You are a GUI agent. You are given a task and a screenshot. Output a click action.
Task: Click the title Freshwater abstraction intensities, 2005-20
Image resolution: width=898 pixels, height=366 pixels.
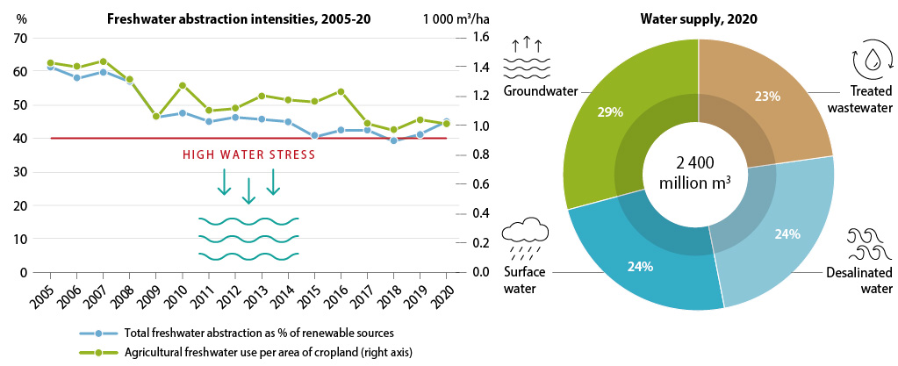233,19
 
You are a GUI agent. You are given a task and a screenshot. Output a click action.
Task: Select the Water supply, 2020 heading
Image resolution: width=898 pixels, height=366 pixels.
698,19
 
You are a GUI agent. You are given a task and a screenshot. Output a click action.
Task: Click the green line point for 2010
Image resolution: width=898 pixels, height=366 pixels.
183,85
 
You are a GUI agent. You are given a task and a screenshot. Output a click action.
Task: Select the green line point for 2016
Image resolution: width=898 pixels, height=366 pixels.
341,91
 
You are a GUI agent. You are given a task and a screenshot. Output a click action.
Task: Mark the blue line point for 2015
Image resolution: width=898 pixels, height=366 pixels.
314,136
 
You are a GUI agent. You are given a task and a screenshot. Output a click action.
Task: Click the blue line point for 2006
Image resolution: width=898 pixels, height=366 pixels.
77,77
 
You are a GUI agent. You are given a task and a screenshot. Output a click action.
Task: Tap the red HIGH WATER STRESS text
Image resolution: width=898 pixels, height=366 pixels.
248,155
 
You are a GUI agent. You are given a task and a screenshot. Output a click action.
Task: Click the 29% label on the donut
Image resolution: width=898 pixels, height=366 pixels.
586,112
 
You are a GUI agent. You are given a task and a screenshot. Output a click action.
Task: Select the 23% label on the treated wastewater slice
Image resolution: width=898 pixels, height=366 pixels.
766,97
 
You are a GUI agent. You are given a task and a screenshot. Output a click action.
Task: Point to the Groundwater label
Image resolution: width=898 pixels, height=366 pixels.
535,91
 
